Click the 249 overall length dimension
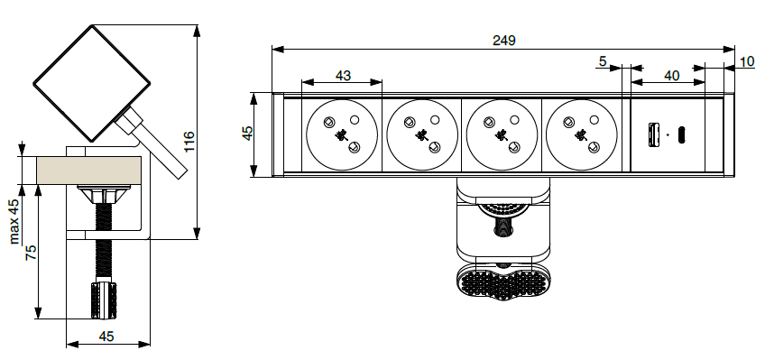pos(503,41)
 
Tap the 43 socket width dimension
pos(343,76)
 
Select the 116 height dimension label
pos(189,141)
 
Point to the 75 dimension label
pos(31,253)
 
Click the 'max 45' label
pos(14,221)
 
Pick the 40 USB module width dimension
pos(672,76)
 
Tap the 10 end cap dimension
pos(747,61)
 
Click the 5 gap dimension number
pos(603,61)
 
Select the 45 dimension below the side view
pos(106,337)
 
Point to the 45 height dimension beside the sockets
pos(248,134)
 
